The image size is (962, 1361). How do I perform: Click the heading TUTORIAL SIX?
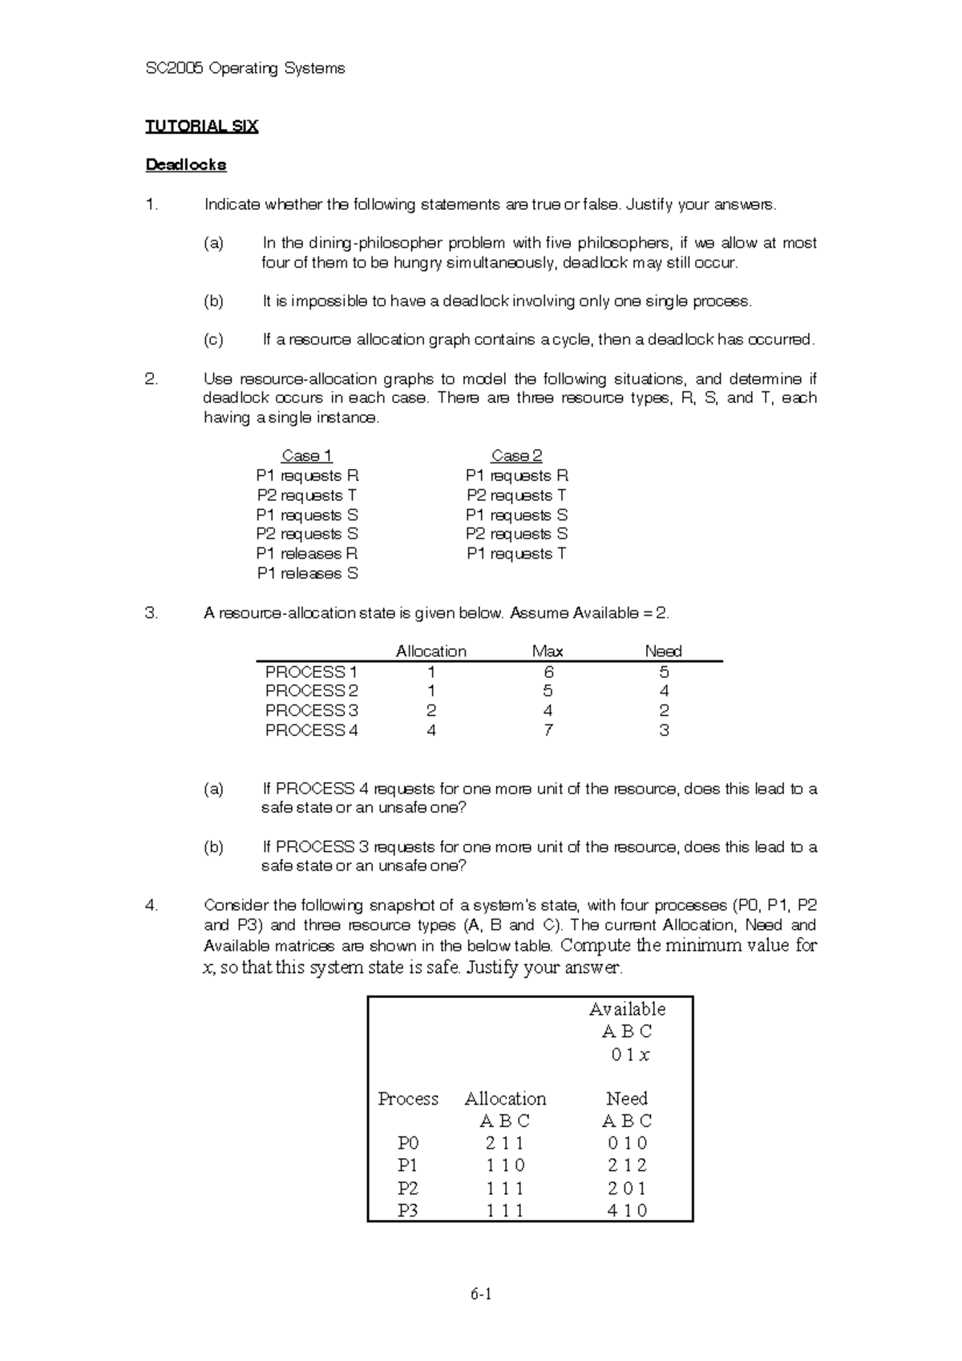(201, 126)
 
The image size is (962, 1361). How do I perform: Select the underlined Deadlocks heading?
(185, 164)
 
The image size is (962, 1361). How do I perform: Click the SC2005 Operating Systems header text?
(245, 68)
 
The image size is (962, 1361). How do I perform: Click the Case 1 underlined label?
(307, 456)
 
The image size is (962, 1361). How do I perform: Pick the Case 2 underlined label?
(516, 456)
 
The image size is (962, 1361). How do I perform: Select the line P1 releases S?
(307, 573)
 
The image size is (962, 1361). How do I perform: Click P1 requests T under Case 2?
(516, 554)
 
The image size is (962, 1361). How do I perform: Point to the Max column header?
(548, 651)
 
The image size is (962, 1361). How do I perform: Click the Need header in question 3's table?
(663, 651)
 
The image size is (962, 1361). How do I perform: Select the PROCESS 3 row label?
(311, 710)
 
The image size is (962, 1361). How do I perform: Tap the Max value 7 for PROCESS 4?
(548, 730)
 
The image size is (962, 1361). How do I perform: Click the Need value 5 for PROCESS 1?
(664, 672)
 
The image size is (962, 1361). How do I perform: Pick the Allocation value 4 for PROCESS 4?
(431, 730)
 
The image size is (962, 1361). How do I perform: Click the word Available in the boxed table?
(627, 1009)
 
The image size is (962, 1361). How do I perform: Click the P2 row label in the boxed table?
(408, 1188)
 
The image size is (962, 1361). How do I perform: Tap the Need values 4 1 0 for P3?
(627, 1210)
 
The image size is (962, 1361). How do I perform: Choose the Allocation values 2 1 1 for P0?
(504, 1143)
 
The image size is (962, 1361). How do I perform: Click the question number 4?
(152, 906)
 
